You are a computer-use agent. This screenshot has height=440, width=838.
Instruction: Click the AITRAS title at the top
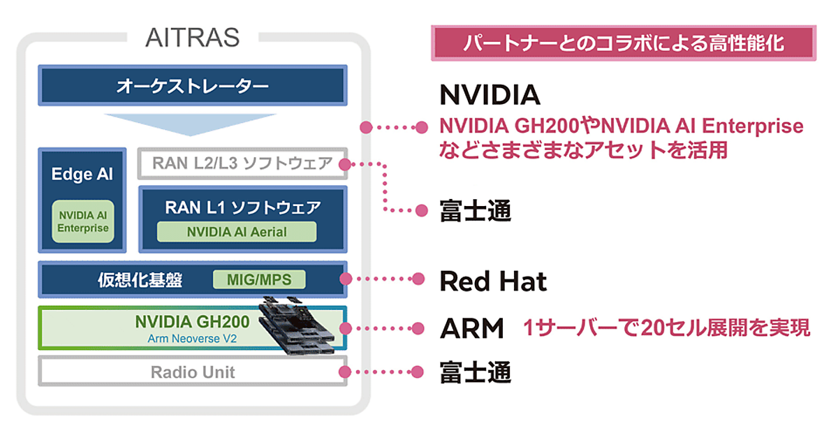click(x=192, y=36)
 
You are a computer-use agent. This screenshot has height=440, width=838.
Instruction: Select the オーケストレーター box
click(x=192, y=87)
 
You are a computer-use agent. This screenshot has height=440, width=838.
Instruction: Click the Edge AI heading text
click(x=82, y=175)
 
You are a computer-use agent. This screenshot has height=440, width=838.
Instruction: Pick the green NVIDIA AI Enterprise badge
click(x=82, y=221)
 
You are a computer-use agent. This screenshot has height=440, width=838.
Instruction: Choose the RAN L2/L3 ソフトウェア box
click(x=242, y=164)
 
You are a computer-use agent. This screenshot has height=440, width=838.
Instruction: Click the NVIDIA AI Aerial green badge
click(x=236, y=231)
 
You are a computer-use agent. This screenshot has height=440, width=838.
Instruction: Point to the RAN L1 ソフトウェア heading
click(x=242, y=207)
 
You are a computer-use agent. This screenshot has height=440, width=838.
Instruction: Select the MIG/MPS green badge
click(x=260, y=280)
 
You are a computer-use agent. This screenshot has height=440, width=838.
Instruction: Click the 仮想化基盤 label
click(x=140, y=280)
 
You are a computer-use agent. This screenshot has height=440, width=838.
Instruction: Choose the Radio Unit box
click(x=193, y=372)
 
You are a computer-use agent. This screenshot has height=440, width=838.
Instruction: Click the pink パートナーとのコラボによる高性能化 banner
click(x=624, y=43)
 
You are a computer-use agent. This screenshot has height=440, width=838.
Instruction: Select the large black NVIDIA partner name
click(x=490, y=94)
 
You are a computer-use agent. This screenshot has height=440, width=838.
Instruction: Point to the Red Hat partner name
click(x=492, y=281)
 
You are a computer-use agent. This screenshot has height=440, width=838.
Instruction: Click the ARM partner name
click(x=471, y=328)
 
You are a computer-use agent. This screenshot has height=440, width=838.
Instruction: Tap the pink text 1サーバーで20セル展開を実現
click(x=667, y=328)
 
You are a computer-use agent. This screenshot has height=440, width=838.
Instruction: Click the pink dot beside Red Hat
click(x=419, y=279)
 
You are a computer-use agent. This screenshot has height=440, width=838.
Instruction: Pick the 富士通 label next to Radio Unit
click(x=475, y=372)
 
